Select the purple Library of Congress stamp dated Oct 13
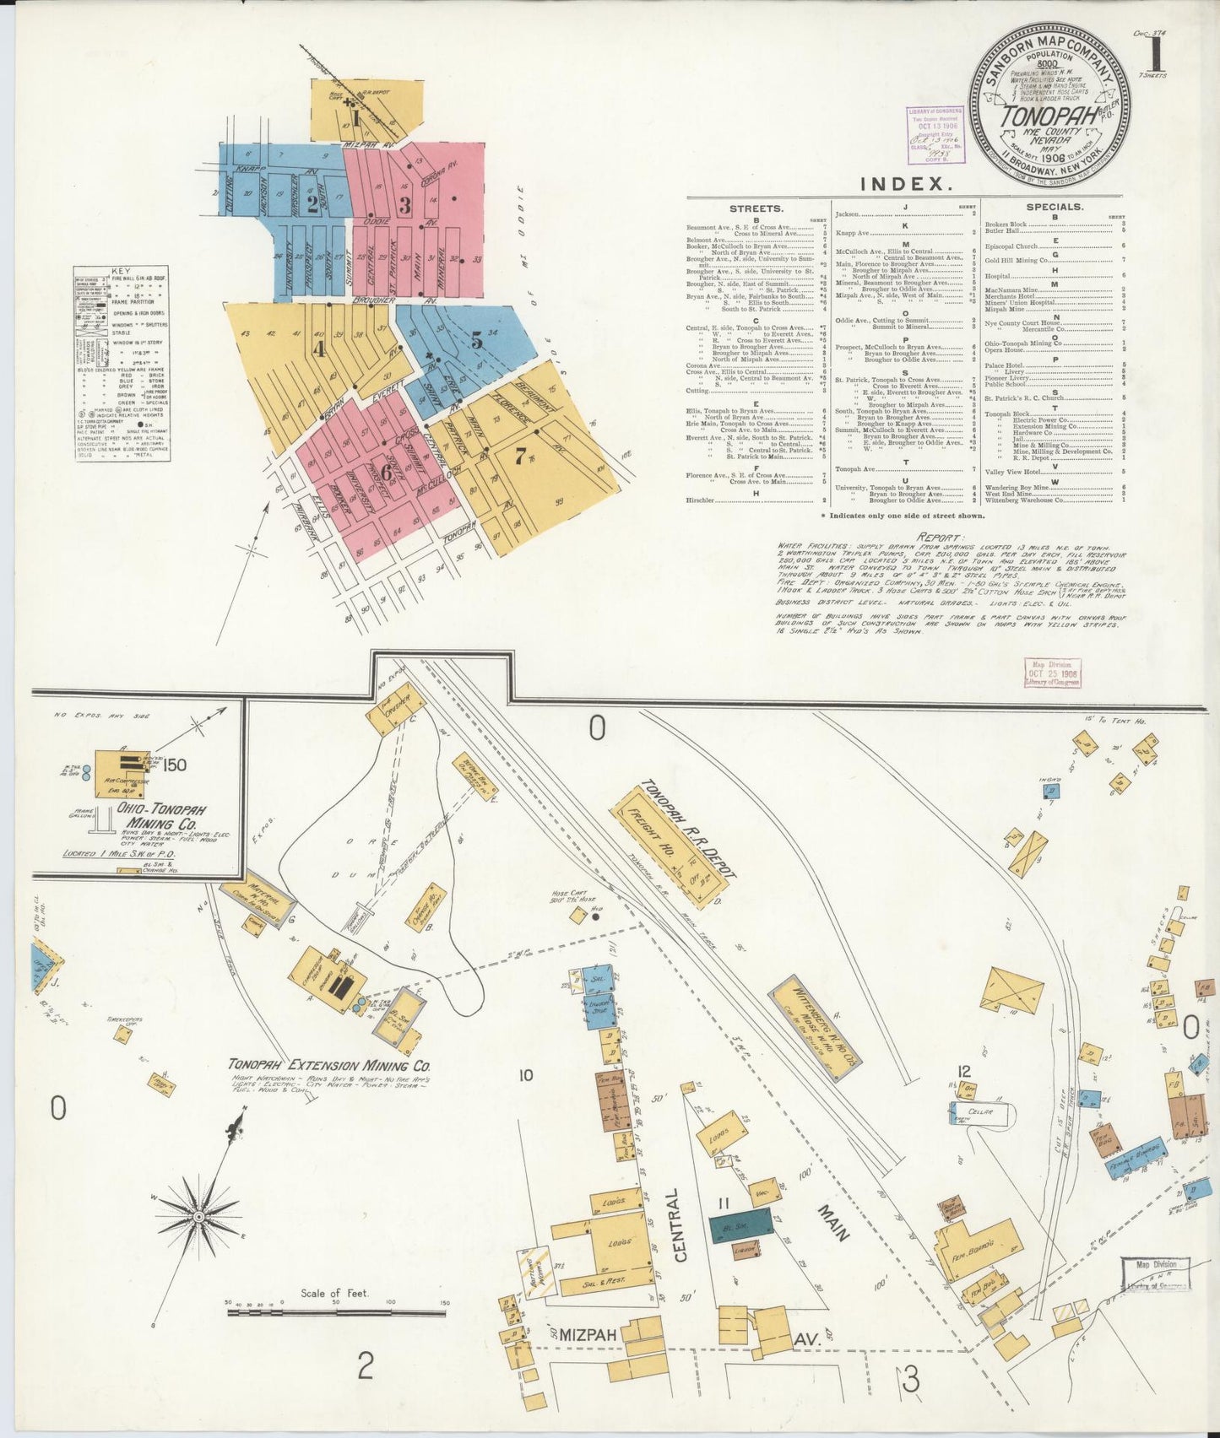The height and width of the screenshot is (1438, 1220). [933, 134]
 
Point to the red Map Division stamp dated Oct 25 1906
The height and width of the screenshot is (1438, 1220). [1053, 673]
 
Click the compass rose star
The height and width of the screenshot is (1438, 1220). [198, 1216]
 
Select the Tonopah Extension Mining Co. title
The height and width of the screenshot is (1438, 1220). [329, 1065]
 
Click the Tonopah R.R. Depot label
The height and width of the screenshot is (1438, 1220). [686, 828]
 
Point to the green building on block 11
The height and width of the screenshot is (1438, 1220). [740, 1223]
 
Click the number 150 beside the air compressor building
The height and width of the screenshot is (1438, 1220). [176, 765]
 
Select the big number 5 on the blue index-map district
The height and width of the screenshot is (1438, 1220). [477, 340]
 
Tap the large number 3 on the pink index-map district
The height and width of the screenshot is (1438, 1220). [405, 204]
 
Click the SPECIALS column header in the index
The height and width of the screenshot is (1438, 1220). [1055, 207]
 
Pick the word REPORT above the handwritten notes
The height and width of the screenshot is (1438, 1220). [939, 537]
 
